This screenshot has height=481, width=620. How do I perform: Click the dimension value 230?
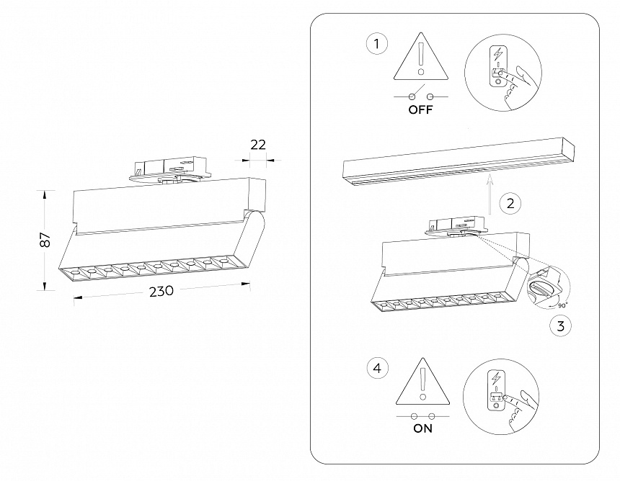161,292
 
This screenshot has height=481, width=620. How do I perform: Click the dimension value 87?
45,240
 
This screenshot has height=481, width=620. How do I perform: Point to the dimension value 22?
257,145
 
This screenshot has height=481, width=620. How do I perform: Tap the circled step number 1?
374,45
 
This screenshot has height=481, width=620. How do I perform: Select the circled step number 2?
510,203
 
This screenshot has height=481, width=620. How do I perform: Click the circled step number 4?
375,369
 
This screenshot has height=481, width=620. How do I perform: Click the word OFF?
420,110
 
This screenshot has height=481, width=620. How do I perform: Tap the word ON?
422,428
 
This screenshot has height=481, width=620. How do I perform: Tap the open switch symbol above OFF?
421,95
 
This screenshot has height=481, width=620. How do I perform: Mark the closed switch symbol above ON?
422,415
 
